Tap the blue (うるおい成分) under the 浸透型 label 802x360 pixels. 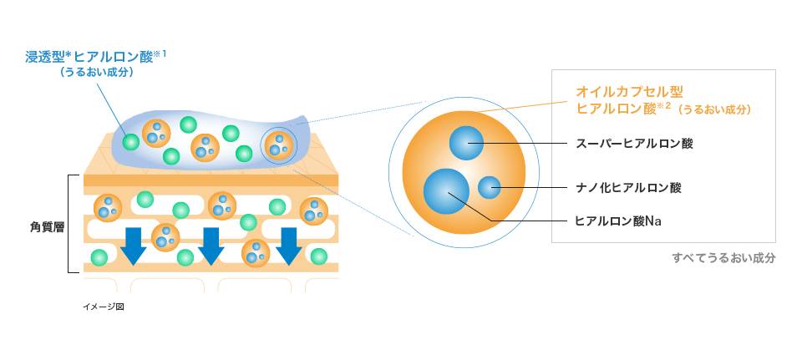(98, 73)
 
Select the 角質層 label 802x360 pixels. (42, 225)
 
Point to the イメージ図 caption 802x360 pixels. (103, 307)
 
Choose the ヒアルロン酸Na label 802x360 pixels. (619, 221)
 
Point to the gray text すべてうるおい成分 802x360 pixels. (723, 258)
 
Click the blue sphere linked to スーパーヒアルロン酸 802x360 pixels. (467, 143)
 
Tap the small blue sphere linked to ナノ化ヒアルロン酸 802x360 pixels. (490, 188)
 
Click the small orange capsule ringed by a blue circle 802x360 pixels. (277, 145)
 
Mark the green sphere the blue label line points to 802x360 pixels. (130, 141)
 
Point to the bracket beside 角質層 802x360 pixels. (71, 224)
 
